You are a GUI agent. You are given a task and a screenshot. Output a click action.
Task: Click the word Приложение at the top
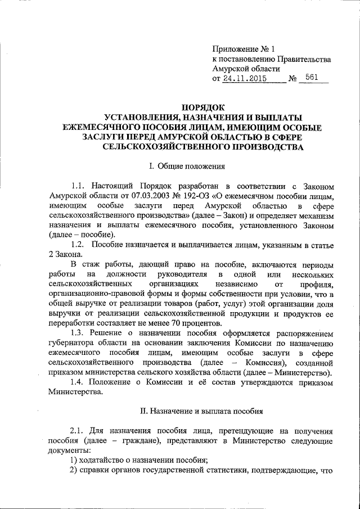pyautogui.click(x=234, y=48)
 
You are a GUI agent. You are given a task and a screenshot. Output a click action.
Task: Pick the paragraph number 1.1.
pyautogui.click(x=78, y=186)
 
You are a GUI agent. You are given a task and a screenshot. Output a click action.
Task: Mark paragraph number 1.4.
pyautogui.click(x=78, y=382)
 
